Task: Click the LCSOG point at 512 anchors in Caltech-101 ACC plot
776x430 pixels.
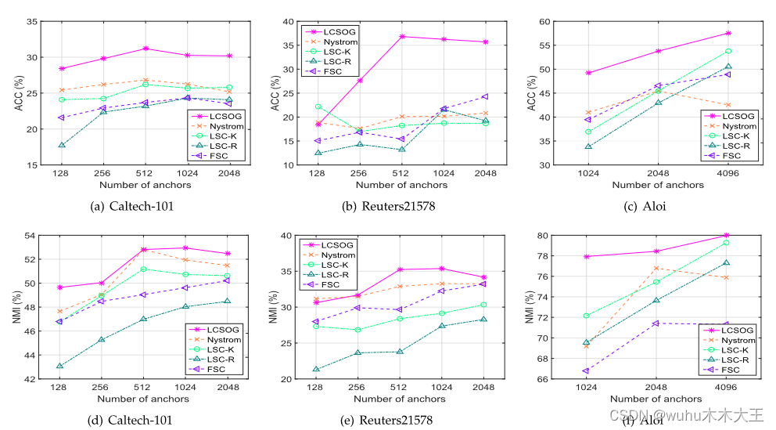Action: pyautogui.click(x=144, y=49)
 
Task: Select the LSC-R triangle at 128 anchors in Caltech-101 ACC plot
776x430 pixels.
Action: pyautogui.click(x=61, y=145)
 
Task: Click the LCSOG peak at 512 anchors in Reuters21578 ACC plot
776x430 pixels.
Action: pyautogui.click(x=401, y=36)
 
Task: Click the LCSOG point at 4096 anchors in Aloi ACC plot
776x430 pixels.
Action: pyautogui.click(x=727, y=33)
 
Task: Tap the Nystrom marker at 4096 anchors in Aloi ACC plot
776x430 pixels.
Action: pyautogui.click(x=727, y=105)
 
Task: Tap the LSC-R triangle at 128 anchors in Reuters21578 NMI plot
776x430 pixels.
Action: pyautogui.click(x=316, y=370)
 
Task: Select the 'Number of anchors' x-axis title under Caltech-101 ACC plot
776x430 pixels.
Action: pyautogui.click(x=144, y=185)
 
